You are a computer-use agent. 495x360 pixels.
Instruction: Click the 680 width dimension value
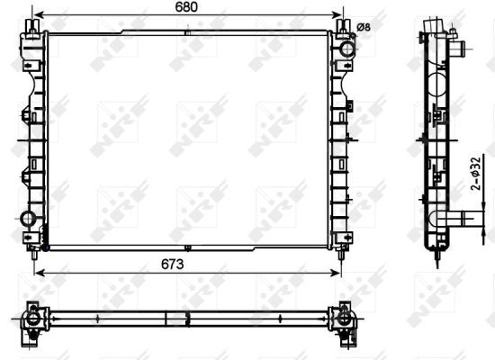tap(186, 7)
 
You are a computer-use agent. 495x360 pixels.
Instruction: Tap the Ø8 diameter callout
tap(364, 27)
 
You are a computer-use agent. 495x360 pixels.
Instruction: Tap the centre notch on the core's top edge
tap(186, 33)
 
